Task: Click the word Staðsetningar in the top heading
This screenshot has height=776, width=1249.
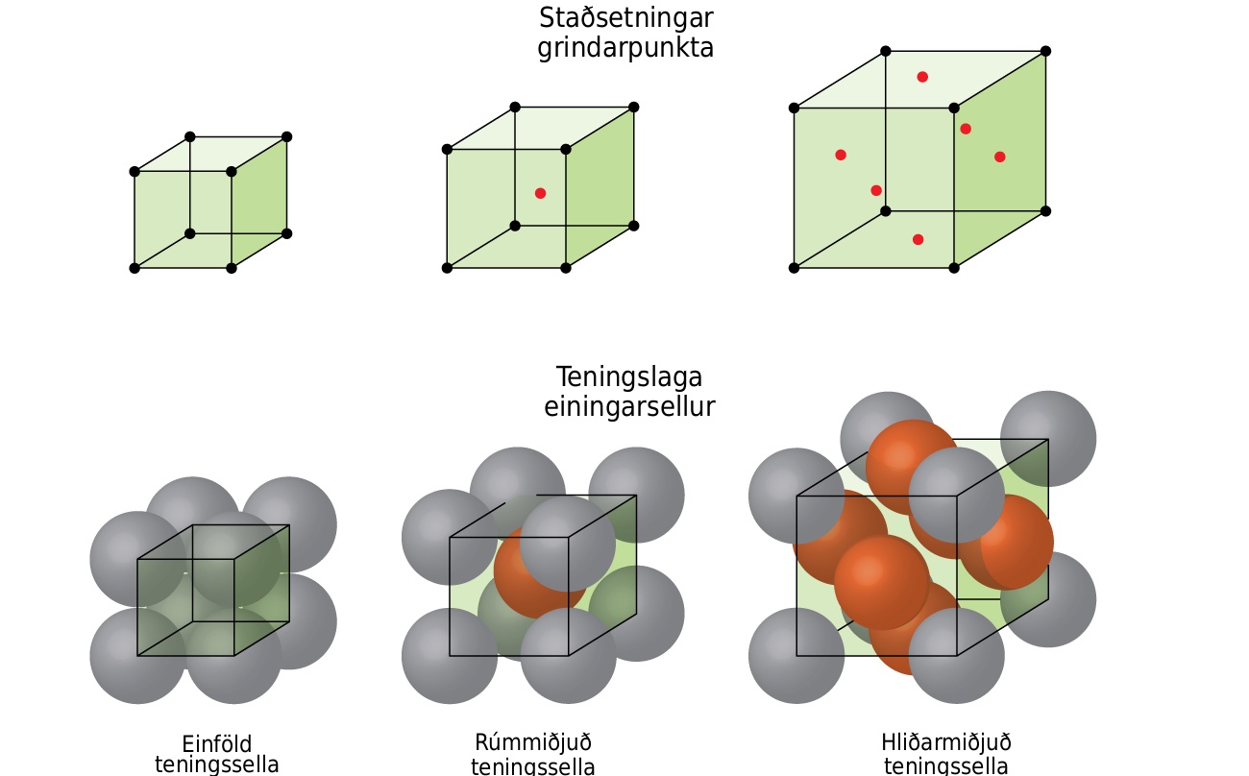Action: [626, 18]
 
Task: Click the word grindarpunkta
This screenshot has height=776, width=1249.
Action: [625, 48]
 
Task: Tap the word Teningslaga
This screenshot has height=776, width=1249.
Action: [629, 378]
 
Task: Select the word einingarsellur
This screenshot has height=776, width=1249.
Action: [629, 407]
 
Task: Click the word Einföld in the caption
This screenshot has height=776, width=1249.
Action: [217, 744]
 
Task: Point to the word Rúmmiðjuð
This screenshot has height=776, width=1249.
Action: [533, 743]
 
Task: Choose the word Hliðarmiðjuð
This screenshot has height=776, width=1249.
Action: [946, 743]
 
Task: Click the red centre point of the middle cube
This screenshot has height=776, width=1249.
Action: [540, 193]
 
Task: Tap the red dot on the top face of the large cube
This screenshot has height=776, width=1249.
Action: [922, 77]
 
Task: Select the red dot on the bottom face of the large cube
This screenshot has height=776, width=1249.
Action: [918, 240]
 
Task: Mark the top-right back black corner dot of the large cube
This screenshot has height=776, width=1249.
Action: [1045, 51]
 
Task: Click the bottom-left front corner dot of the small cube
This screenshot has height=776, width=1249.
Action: [135, 268]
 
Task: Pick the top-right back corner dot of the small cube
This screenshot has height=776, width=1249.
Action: [286, 137]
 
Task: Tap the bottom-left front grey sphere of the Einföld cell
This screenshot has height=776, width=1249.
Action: [137, 656]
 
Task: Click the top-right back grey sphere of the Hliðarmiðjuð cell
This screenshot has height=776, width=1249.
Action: [1048, 439]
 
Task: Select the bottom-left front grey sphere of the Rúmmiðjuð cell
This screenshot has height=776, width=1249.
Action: [450, 656]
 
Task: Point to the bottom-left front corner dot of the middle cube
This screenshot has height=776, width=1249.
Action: [447, 268]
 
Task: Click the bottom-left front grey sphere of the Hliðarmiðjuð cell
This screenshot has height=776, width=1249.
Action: [796, 656]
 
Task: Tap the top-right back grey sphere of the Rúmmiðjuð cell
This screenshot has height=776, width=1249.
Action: [636, 495]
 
